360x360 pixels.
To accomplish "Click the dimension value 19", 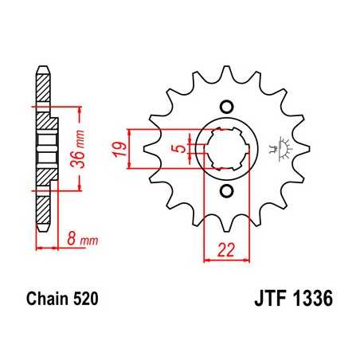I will [x=119, y=148].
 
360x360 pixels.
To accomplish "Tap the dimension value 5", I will [x=182, y=148].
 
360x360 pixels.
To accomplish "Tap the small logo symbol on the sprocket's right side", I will [x=280, y=149].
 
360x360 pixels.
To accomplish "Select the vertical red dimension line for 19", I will [x=136, y=149].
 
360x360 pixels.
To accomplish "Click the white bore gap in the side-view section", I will [x=46, y=149].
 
